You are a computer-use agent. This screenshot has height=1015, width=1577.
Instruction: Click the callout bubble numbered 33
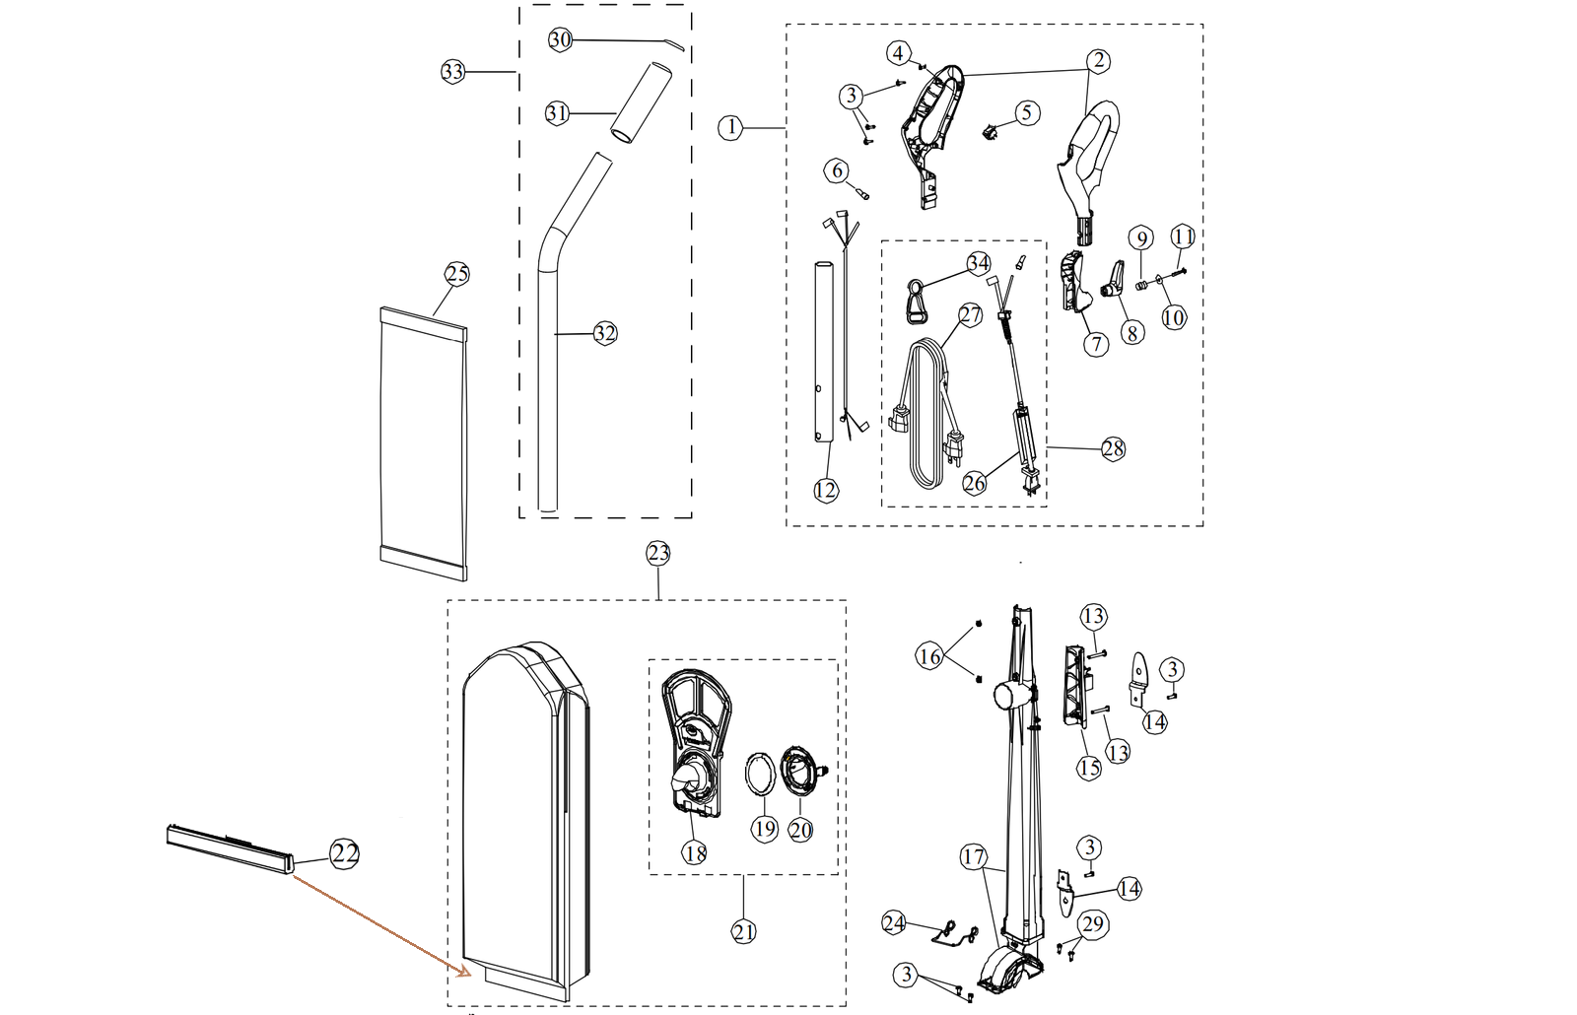pos(452,72)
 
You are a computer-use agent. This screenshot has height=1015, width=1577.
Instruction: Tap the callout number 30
pos(560,39)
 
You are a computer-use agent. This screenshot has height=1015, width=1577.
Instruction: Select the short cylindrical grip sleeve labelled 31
pos(640,103)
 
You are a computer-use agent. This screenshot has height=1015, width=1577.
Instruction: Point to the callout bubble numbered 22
pos(344,854)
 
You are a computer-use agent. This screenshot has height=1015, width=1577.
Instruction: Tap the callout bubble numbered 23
pos(657,553)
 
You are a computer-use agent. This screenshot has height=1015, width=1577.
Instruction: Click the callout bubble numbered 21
pos(744,931)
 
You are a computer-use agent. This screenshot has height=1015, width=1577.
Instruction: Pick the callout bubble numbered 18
pos(695,852)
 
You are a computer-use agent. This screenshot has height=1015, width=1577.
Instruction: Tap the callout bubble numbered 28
pos(1113,448)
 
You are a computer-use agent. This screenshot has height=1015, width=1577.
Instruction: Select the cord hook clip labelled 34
pos(916,301)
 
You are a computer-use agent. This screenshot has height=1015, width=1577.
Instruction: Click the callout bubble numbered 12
pos(826,490)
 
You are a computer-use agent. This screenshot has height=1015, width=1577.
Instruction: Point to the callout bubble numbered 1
pos(729,127)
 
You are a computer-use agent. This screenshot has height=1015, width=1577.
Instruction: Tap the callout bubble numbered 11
pos(1183,237)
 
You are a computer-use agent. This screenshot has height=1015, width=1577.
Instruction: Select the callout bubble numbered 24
pos(894,923)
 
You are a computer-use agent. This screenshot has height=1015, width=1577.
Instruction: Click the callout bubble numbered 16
pos(929,655)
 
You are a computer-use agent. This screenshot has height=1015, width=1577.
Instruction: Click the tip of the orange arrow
pos(459,973)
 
